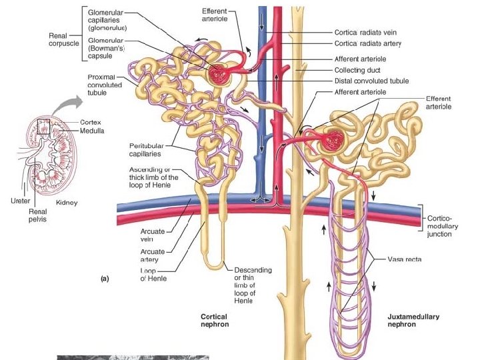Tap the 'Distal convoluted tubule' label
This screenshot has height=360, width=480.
[371, 81]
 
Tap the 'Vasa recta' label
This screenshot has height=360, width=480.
[404, 259]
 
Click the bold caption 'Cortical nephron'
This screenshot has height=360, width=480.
[214, 321]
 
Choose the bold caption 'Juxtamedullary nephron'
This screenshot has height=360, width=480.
[413, 321]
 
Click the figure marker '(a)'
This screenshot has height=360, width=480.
[105, 279]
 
